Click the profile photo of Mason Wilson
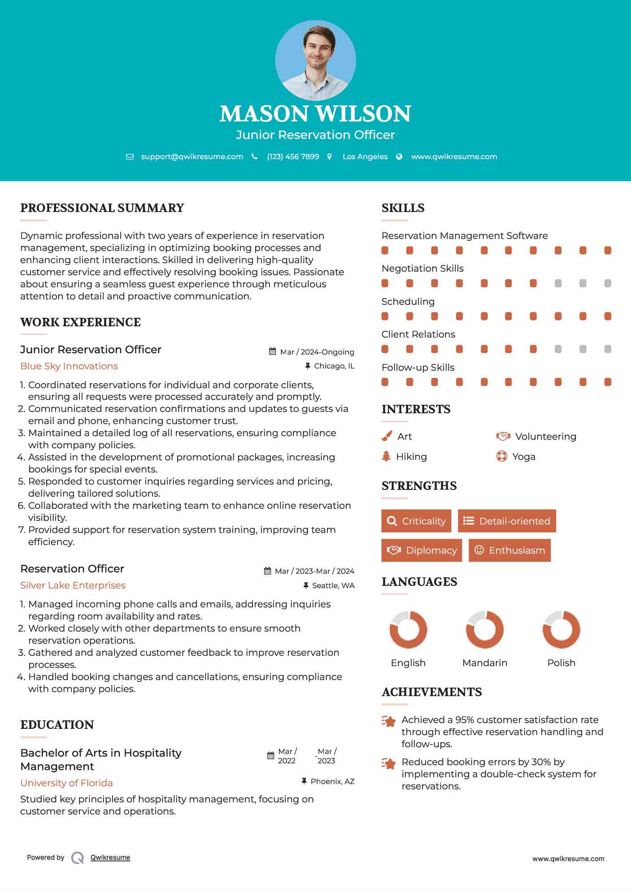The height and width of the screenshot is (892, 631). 315,60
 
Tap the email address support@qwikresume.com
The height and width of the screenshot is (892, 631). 192,156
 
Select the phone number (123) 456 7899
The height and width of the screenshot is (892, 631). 293,156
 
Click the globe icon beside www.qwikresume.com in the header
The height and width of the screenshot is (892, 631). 399,156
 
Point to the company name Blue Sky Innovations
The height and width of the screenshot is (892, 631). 69,366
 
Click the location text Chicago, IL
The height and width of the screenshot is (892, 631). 334,366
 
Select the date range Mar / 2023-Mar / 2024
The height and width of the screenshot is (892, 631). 314,571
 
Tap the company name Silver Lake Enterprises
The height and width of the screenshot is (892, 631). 73,585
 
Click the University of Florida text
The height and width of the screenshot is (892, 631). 66,783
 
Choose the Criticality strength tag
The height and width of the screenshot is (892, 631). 416,521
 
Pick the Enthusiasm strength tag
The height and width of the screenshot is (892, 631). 509,550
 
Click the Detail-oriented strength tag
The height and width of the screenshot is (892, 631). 507,521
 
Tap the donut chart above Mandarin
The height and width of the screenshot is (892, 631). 485,629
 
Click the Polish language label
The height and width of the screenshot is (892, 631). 561,663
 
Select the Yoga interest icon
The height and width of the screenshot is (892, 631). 502,456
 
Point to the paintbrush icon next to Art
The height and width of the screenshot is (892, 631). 387,436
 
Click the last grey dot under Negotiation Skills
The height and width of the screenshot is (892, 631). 608,283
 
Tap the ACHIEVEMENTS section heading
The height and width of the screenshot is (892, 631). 431,692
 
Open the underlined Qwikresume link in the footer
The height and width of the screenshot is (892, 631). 110,857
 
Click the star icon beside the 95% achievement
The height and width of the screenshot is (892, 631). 389,722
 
